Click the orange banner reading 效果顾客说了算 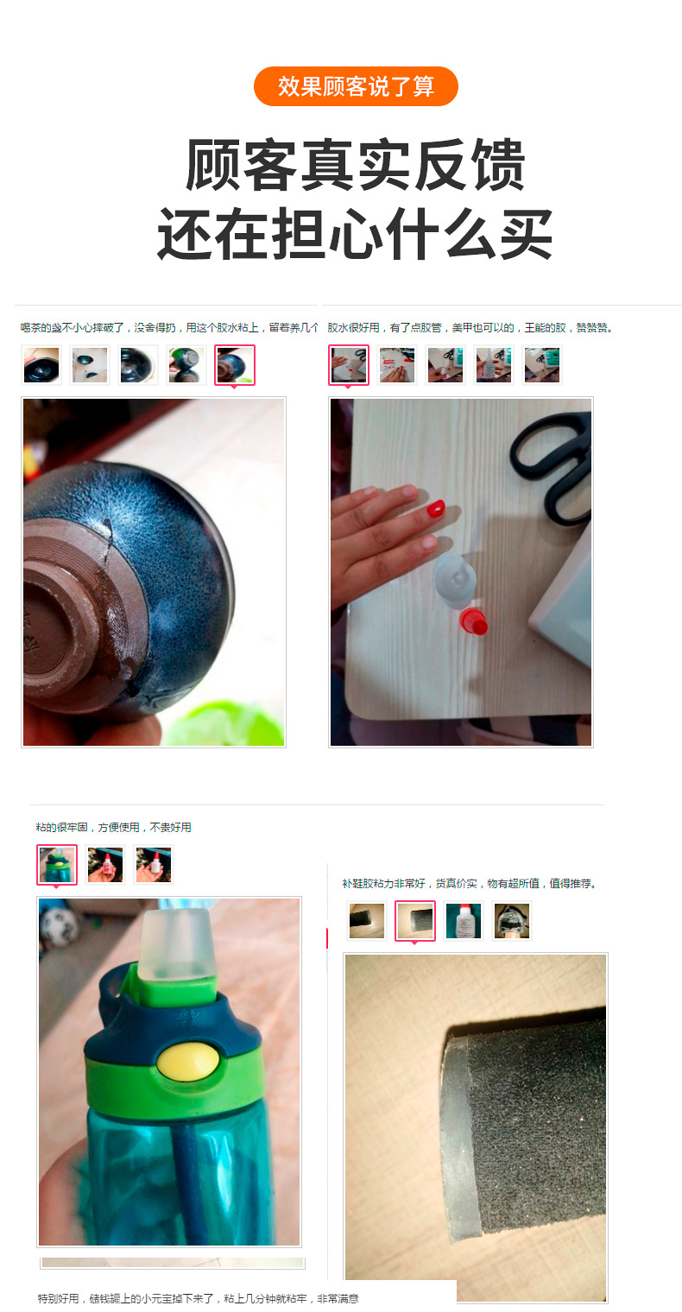coord(356,86)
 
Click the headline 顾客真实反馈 coord(356,164)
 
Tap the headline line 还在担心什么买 coord(356,233)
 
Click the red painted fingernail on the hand coord(436,509)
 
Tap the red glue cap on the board coord(472,621)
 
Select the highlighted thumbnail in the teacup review coord(235,365)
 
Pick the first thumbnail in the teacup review coord(41,365)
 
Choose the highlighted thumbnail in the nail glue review coord(349,365)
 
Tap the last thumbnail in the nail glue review coord(542,365)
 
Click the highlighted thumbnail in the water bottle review coord(57,865)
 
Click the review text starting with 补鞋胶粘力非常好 coord(470,884)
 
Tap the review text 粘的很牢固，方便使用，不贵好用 coord(113,827)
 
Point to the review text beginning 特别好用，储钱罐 coord(198,1298)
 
